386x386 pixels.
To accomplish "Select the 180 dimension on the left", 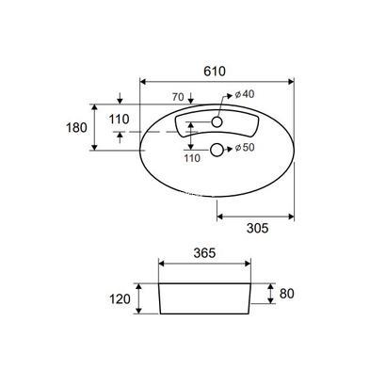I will (x=78, y=127).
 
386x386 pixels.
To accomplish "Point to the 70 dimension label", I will (x=178, y=97).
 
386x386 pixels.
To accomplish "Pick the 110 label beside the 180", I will (x=118, y=120).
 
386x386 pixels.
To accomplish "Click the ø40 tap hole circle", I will (x=217, y=121).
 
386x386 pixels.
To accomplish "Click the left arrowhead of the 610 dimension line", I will (x=142, y=82).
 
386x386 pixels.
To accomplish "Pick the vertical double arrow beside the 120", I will (x=139, y=298).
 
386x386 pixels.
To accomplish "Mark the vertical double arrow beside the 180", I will (x=97, y=127).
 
